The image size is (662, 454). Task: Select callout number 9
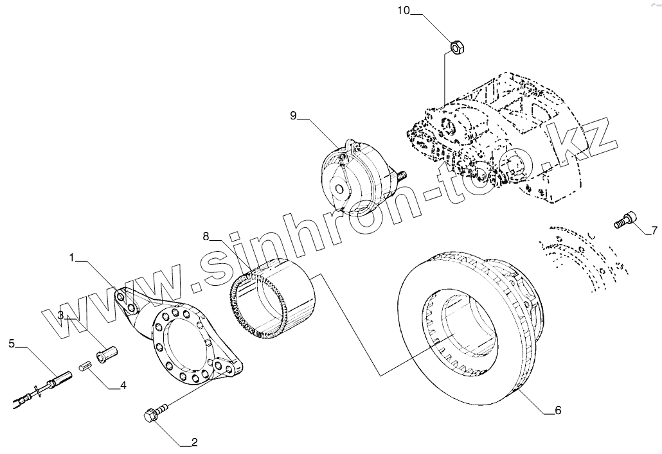(x=294, y=116)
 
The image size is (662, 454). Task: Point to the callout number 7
(x=654, y=230)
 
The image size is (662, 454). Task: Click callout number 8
(x=206, y=236)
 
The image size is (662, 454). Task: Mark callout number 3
(x=60, y=315)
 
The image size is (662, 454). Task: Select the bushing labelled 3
(x=105, y=353)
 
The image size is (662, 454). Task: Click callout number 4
(x=123, y=386)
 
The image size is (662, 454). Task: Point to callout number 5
(x=12, y=344)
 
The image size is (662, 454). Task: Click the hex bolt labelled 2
(x=156, y=412)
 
